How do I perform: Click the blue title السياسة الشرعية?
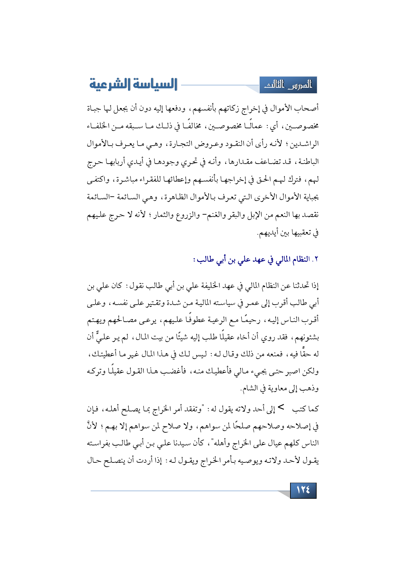tap(133, 84)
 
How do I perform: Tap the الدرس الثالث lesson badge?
tap(288, 85)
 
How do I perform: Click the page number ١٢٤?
tap(303, 490)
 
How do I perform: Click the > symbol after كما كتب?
tap(281, 408)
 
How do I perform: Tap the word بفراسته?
tap(100, 443)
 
